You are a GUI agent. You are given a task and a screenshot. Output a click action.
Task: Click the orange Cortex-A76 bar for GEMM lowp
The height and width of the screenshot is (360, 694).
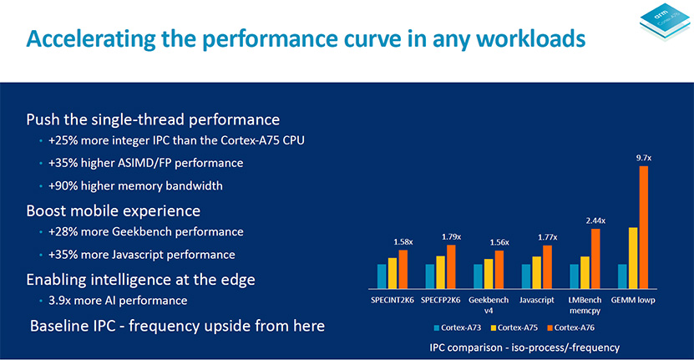tap(644, 227)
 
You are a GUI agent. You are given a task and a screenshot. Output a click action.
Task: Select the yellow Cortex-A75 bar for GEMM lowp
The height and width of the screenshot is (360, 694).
tap(633, 258)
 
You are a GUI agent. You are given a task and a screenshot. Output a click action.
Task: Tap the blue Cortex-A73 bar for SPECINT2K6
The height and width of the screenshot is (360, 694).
tap(382, 276)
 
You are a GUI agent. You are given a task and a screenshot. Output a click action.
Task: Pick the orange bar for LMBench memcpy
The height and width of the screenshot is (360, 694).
tap(595, 259)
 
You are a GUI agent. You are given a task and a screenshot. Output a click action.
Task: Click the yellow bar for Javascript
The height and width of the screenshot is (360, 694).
tap(536, 272)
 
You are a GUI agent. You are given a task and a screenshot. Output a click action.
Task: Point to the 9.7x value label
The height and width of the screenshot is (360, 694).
tap(644, 158)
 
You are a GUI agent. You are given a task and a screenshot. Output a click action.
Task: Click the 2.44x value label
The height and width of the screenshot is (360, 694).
tap(595, 221)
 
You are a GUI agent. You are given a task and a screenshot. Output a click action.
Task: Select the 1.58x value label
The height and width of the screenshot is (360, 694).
tap(403, 241)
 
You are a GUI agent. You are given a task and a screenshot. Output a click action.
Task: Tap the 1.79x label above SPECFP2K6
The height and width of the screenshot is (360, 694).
tap(451, 237)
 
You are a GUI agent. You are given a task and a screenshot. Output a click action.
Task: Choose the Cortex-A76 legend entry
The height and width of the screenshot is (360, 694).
tap(571, 327)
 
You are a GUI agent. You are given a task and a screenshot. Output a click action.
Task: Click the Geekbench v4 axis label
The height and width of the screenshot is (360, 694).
tap(489, 305)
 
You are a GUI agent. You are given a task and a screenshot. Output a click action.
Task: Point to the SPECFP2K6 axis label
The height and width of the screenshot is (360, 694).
tap(440, 300)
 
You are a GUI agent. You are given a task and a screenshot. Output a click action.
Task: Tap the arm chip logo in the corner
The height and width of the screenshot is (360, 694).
tap(664, 22)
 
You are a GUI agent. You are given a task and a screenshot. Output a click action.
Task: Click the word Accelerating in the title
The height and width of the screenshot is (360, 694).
tap(91, 39)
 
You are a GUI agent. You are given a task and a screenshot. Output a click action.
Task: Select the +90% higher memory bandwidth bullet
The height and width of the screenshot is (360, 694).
tap(135, 185)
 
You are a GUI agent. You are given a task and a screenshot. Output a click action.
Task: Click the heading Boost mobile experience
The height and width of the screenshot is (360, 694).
tap(114, 210)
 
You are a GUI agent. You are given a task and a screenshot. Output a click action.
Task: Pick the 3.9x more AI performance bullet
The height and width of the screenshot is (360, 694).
tap(118, 301)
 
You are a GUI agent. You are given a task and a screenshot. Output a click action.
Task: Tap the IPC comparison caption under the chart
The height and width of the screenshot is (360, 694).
tap(524, 347)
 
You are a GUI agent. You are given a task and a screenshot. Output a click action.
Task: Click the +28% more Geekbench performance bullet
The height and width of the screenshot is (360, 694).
tap(146, 231)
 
